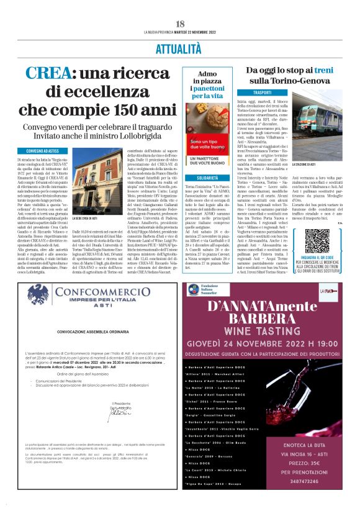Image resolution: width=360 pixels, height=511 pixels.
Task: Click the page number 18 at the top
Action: click(180, 24)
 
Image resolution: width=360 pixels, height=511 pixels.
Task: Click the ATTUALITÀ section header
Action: click(179, 48)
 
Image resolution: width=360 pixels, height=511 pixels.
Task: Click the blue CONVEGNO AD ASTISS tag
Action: click(43, 151)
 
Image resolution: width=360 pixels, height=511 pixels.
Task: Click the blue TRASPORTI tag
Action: click(262, 92)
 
